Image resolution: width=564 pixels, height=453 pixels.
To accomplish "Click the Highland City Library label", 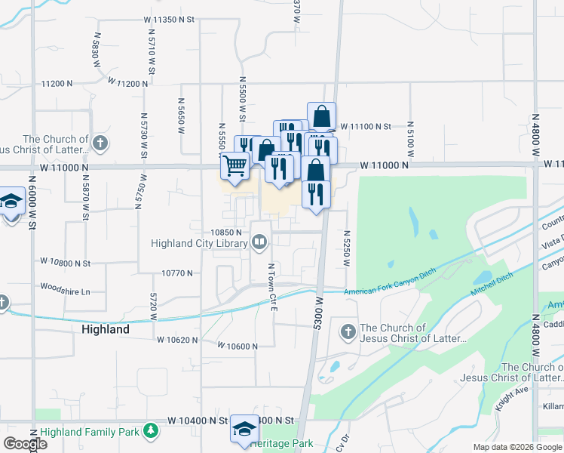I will [200, 243].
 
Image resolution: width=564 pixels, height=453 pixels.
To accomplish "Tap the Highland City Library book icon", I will [259, 243].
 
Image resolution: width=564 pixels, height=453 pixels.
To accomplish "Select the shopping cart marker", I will [235, 165].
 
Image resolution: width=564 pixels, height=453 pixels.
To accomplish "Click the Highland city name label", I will [105, 330].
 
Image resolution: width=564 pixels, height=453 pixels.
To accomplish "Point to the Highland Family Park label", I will [90, 433].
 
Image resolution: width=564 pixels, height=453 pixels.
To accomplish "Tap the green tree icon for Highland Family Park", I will [151, 431].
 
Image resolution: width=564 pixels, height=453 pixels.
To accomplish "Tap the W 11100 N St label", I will [366, 128].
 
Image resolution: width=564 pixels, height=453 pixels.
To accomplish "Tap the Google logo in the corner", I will [24, 443].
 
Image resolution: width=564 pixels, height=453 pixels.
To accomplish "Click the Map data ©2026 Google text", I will [517, 448].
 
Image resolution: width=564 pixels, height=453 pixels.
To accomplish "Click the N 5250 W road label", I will [348, 249].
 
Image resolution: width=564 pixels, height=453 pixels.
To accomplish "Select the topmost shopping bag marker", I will [321, 117].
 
